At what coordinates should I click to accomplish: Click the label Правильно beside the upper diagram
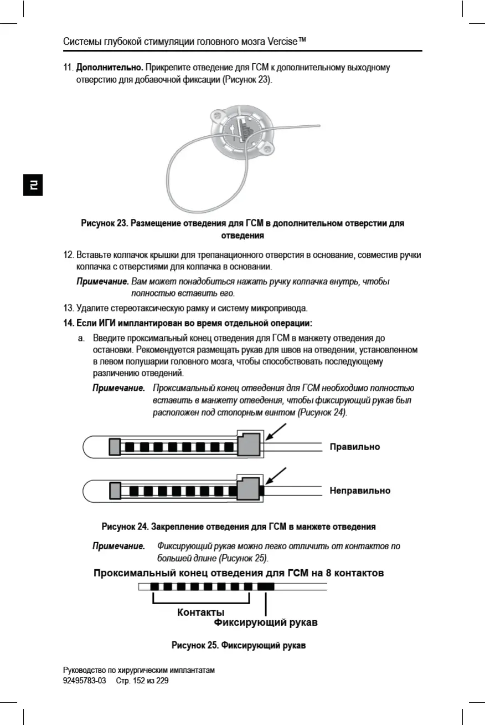(x=354, y=447)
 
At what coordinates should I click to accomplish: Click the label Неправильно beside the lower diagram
(x=360, y=491)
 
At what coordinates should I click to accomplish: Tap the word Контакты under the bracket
(x=200, y=612)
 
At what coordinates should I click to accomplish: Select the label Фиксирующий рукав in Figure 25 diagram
(x=266, y=622)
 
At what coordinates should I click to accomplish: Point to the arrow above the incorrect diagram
(x=276, y=476)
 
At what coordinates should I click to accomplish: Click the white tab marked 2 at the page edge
(x=33, y=185)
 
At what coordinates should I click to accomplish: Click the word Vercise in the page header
(x=282, y=42)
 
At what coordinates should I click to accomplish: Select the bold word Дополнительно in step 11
(x=110, y=68)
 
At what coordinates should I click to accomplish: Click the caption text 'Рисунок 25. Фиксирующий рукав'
(x=239, y=645)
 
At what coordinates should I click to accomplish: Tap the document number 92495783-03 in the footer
(x=85, y=681)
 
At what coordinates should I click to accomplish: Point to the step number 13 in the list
(x=69, y=308)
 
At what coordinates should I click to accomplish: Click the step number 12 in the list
(x=69, y=255)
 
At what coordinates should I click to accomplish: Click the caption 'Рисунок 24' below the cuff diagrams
(x=238, y=526)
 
